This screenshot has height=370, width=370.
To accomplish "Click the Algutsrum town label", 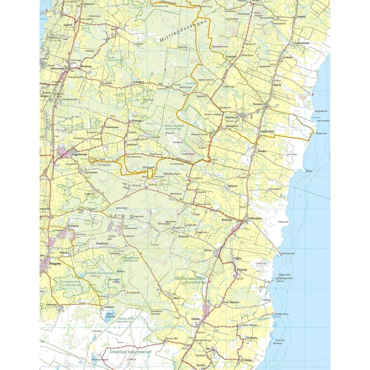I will point(81,153).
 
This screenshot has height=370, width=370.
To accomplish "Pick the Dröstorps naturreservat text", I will point(123,352).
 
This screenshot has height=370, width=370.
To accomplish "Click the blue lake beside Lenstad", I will point(109,317).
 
